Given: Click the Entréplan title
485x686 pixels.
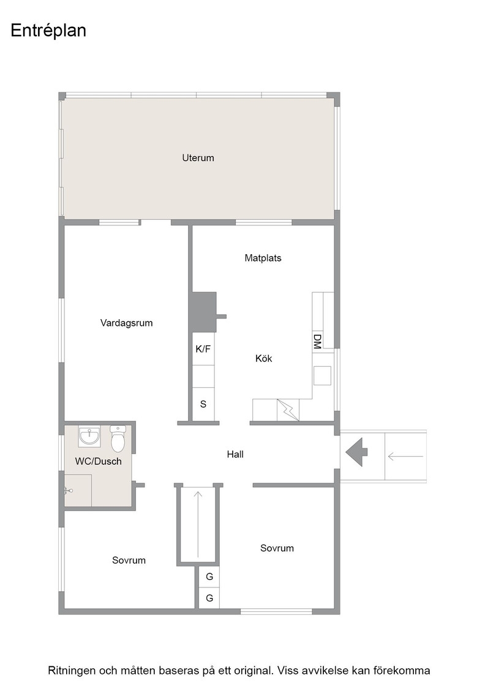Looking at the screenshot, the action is [x=48, y=31].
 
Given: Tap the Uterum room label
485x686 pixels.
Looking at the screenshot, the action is [x=198, y=158].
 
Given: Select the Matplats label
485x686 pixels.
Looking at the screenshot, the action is [x=263, y=258].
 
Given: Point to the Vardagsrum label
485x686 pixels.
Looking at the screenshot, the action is [x=126, y=323].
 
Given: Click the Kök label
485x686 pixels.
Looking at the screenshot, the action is [x=264, y=358].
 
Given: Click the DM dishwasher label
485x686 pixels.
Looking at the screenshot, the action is [x=317, y=341].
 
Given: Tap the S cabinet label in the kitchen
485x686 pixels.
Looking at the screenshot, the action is [x=203, y=404].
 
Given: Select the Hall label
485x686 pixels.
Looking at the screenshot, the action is [x=235, y=454].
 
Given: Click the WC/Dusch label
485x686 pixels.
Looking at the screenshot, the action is [x=99, y=461].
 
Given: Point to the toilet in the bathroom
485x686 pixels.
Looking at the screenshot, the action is [x=118, y=439].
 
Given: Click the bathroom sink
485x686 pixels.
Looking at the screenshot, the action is [x=89, y=437].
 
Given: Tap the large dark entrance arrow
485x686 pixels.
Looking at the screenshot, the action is [x=356, y=453].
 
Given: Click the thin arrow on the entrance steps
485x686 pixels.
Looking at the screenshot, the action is [x=405, y=457].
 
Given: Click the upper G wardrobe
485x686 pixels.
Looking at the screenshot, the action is [x=209, y=577].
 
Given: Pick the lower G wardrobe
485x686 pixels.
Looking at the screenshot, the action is [x=209, y=598].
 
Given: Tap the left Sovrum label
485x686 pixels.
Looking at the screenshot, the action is [x=129, y=560].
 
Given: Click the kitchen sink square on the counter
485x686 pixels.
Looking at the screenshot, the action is [x=322, y=376].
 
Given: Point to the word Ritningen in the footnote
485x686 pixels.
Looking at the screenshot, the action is [x=71, y=671].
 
